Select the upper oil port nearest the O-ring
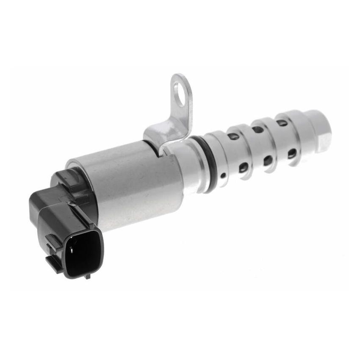[233, 136]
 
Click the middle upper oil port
[257, 129]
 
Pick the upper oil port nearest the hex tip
[282, 123]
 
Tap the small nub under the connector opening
[88, 276]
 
